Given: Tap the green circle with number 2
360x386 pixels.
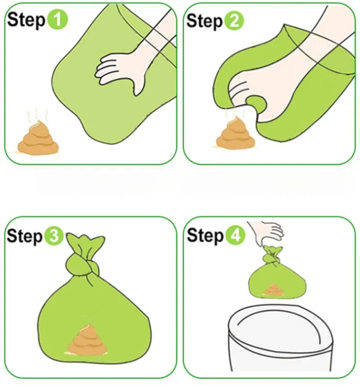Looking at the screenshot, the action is pyautogui.click(x=234, y=21).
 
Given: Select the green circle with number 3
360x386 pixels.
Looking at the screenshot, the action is pyautogui.click(x=54, y=236).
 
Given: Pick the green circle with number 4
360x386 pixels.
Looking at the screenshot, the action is pyautogui.click(x=235, y=235).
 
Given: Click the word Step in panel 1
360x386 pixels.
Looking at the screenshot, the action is pyautogui.click(x=26, y=20).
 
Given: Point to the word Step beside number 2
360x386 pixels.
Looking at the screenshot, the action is pyautogui.click(x=204, y=21).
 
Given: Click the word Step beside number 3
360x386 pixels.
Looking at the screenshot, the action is pyautogui.click(x=24, y=236).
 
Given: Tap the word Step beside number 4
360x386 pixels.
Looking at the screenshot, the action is pyautogui.click(x=205, y=236).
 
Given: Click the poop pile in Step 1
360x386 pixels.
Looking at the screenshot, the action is pyautogui.click(x=38, y=138).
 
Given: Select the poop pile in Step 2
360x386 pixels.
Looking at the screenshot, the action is pyautogui.click(x=235, y=134).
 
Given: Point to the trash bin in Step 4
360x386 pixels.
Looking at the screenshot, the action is pyautogui.click(x=281, y=340).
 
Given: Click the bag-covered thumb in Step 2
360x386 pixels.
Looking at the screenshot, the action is pyautogui.click(x=256, y=105).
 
